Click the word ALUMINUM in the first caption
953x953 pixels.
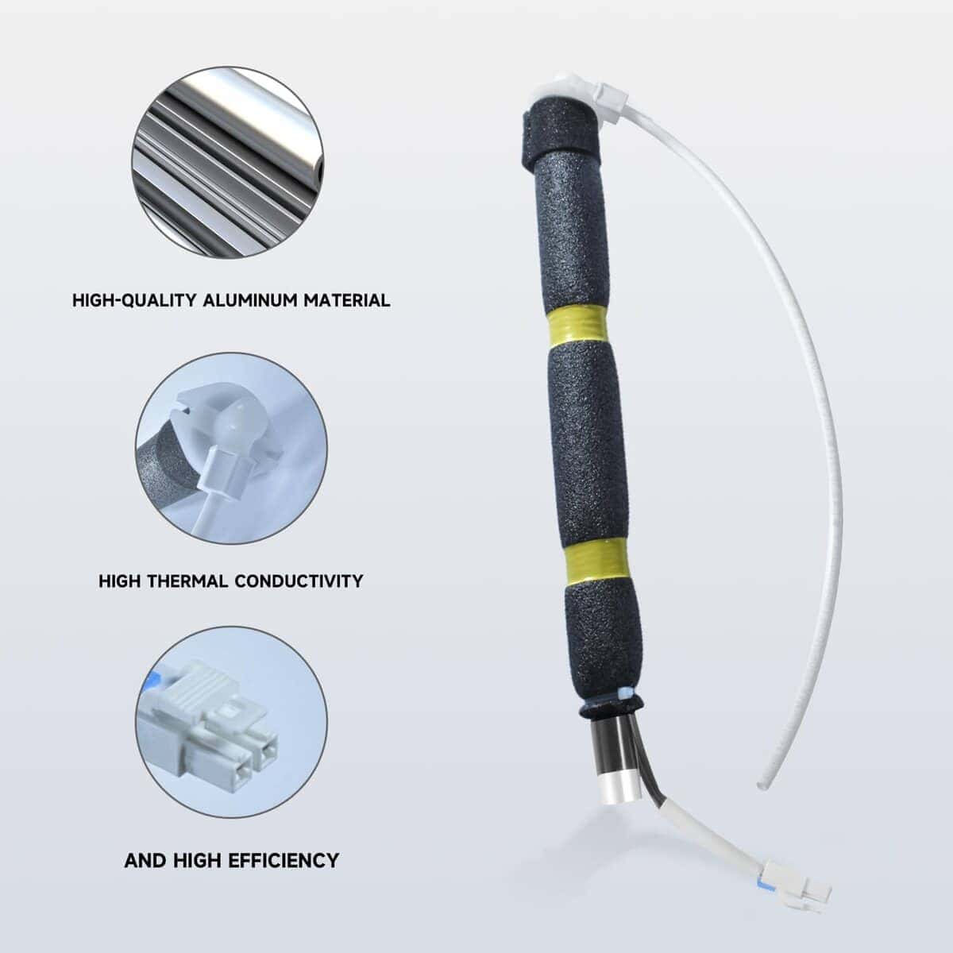click(249, 300)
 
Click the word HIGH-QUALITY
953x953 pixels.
click(134, 300)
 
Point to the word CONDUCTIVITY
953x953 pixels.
click(299, 581)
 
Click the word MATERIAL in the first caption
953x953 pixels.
click(347, 300)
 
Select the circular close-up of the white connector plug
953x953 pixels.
click(231, 722)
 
